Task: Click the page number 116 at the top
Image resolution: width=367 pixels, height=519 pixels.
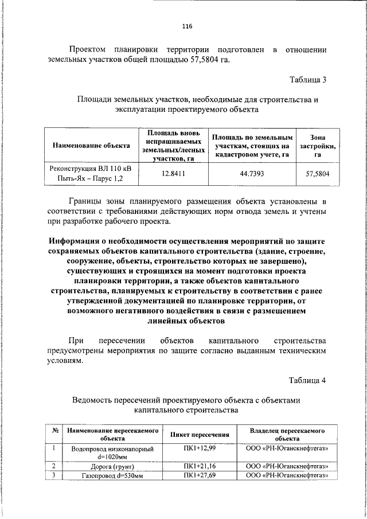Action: coord(187,26)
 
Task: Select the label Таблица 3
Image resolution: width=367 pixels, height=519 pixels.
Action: coord(309,80)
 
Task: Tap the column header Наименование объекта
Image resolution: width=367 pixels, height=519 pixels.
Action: coord(91,146)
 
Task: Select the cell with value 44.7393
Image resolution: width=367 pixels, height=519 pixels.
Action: coord(252,173)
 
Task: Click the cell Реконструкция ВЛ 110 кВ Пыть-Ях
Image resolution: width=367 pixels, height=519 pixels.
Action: coord(91,173)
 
